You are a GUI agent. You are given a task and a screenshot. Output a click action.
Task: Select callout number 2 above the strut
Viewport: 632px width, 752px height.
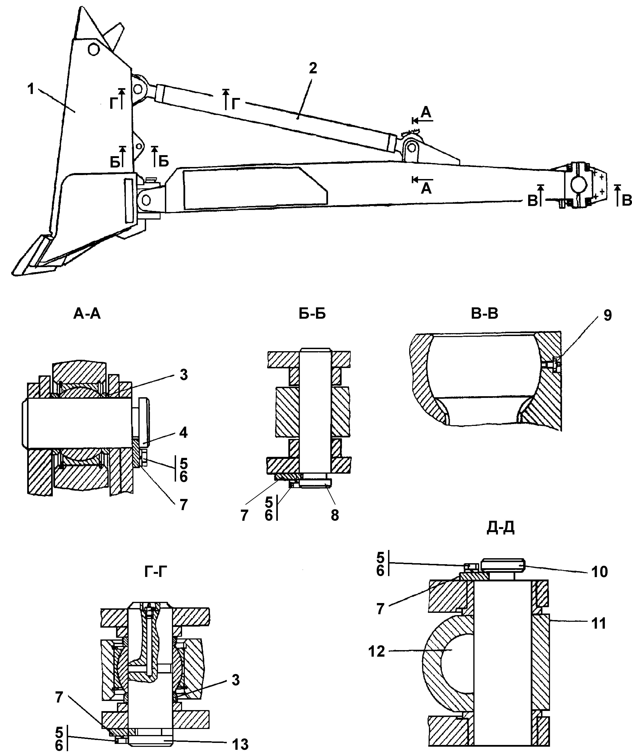click(x=313, y=68)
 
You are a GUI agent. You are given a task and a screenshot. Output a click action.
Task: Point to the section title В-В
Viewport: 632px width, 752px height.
click(x=484, y=313)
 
